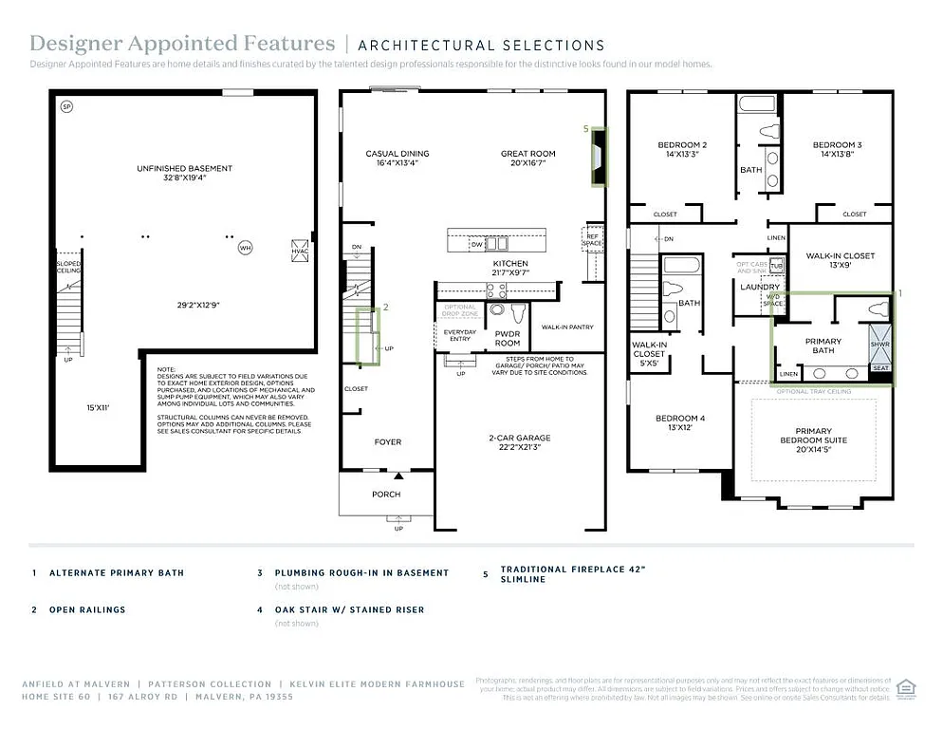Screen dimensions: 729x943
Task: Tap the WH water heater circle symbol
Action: [x=245, y=248]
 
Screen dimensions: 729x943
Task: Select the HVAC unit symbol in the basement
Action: [x=301, y=249]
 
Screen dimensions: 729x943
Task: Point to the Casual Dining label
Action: [x=398, y=154]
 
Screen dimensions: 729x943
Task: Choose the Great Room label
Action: [x=528, y=154]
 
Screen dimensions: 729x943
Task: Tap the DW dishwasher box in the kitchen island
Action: [x=476, y=245]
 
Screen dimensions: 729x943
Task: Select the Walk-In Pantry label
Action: [x=567, y=327]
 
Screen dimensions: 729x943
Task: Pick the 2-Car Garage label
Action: [x=519, y=439]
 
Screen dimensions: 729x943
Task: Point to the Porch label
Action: [x=386, y=494]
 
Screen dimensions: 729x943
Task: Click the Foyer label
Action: [x=386, y=441]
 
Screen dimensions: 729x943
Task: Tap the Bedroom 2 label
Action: [x=683, y=145]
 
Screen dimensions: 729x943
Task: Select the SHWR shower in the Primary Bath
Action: [x=879, y=345]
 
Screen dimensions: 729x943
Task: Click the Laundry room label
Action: [x=760, y=287]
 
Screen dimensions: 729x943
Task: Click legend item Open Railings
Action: [x=87, y=609]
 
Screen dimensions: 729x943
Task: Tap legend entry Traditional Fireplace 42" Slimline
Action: [x=573, y=574]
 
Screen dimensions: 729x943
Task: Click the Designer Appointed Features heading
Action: [x=182, y=44]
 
